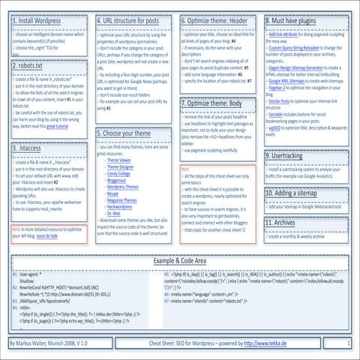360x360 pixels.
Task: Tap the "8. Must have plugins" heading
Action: (x=298, y=22)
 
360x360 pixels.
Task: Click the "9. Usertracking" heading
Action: (x=289, y=156)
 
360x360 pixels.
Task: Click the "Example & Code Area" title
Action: (x=180, y=260)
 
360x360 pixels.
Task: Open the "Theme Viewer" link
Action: (x=120, y=160)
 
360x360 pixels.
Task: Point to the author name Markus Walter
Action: (x=34, y=342)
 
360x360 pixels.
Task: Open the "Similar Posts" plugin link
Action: (x=281, y=100)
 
